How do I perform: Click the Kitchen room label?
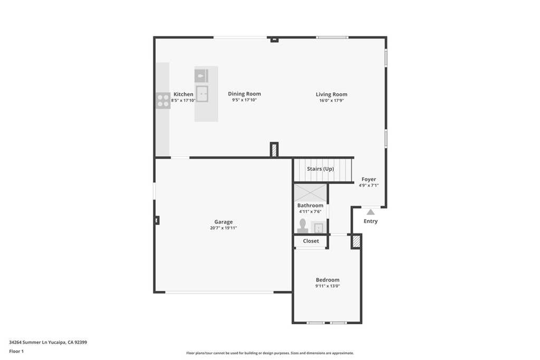[184, 94]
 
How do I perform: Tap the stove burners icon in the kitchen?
[163, 100]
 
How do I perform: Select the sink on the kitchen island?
[202, 93]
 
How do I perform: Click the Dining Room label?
[244, 94]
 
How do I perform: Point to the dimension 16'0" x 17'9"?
[331, 100]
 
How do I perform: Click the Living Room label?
[331, 94]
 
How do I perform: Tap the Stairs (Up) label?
[320, 169]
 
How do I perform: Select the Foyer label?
[369, 179]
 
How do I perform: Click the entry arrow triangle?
[371, 212]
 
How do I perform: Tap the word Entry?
[371, 221]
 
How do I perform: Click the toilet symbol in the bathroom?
[303, 226]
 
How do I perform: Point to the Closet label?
[311, 241]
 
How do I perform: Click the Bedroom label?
[327, 280]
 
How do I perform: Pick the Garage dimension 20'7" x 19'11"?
[223, 228]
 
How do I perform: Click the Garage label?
[223, 222]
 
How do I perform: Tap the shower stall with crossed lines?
[310, 192]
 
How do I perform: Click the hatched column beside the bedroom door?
[356, 241]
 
